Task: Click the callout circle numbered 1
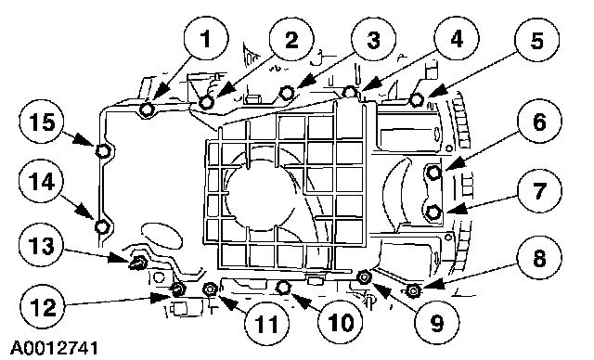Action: point(206,39)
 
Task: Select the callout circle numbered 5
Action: point(536,40)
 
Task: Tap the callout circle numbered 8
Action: point(539,259)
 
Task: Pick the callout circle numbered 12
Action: point(44,306)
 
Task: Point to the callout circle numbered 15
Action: point(42,122)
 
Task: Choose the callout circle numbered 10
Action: point(340,323)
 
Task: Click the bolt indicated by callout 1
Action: point(147,109)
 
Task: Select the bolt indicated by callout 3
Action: point(287,92)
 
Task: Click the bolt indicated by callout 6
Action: point(433,173)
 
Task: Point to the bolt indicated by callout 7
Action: point(433,212)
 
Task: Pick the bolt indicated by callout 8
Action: point(412,290)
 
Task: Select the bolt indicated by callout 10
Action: point(283,288)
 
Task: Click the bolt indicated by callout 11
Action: point(210,289)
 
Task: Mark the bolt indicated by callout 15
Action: point(102,151)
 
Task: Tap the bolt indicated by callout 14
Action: point(101,227)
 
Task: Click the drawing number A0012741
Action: point(54,348)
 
